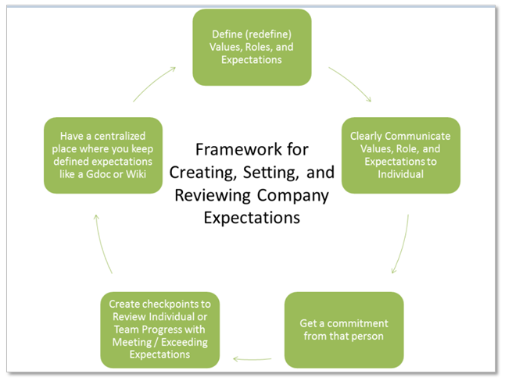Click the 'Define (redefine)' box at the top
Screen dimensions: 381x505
[252, 47]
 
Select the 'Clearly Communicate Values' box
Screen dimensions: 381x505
[400, 155]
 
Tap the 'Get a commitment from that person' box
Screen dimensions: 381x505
[344, 329]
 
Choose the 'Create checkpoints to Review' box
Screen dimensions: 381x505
[160, 329]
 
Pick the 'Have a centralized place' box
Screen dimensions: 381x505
[103, 155]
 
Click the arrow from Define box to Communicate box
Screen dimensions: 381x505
[351, 84]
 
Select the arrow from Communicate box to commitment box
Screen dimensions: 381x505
[402, 245]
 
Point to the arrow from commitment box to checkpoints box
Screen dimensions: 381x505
[252, 360]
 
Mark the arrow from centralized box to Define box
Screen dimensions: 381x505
[153, 84]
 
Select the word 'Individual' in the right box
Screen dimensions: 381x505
[400, 174]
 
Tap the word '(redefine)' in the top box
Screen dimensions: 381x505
[267, 35]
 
